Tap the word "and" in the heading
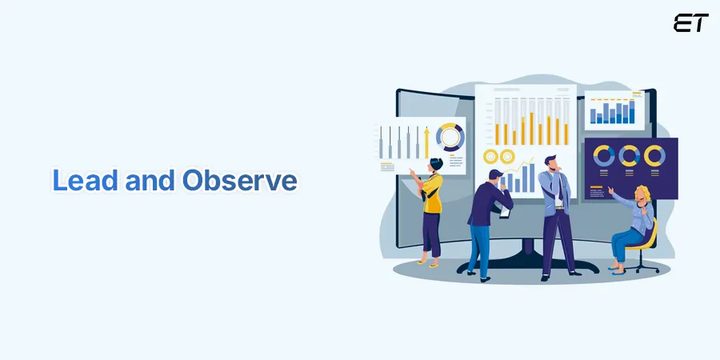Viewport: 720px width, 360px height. (x=150, y=181)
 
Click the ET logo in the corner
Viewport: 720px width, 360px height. (x=690, y=23)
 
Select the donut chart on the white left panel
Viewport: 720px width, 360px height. (x=450, y=138)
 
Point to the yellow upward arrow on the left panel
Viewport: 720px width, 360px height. (x=427, y=142)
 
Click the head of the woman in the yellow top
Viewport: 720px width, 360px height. (x=434, y=164)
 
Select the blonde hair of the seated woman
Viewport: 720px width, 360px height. (x=643, y=194)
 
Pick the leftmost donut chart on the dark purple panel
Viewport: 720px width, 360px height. (x=604, y=155)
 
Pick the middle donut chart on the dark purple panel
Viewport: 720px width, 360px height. (x=629, y=155)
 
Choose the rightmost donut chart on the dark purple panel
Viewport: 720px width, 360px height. (x=654, y=155)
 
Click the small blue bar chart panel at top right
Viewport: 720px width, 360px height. (x=613, y=110)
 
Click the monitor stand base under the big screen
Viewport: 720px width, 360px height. (x=527, y=266)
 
